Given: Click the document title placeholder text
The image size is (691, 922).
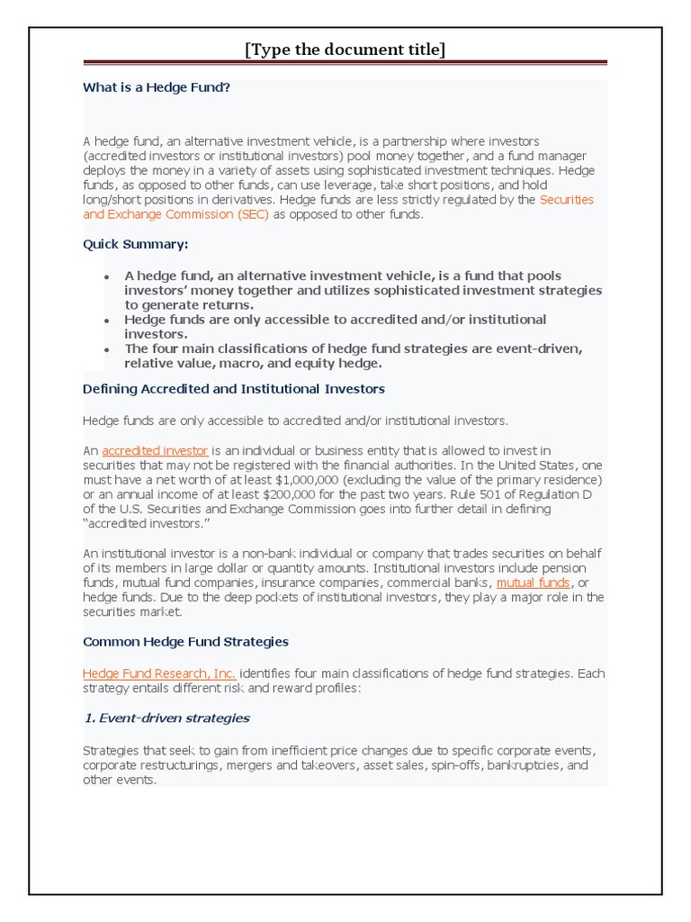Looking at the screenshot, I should coord(345,50).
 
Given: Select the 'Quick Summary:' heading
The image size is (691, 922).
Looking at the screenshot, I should coord(136,244).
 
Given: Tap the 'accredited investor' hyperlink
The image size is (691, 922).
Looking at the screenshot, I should coord(155,450).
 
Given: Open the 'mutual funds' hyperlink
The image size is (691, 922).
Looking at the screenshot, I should coord(533,583).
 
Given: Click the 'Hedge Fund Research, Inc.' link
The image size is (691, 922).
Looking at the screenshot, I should coord(159,673).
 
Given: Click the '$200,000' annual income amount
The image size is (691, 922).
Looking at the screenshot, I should coord(255,493).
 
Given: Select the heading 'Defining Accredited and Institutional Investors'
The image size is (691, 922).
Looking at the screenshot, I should coord(234,389).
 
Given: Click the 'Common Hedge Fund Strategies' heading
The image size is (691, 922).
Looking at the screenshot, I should coord(185,642).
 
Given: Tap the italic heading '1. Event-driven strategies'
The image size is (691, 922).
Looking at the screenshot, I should coord(166,719).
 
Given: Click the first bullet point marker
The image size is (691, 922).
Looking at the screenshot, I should coord(107,277).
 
